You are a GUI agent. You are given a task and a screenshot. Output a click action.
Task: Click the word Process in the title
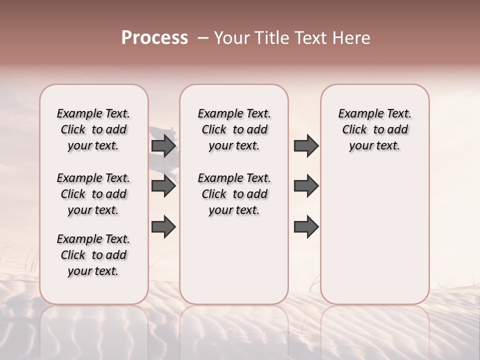pyautogui.click(x=154, y=38)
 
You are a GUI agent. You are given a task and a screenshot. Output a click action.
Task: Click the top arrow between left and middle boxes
pyautogui.click(x=163, y=145)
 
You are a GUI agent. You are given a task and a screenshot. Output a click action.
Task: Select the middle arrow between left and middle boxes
pyautogui.click(x=163, y=186)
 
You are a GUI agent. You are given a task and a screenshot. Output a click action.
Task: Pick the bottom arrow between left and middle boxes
pyautogui.click(x=163, y=226)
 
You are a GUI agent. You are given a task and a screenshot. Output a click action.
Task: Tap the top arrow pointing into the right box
pyautogui.click(x=306, y=145)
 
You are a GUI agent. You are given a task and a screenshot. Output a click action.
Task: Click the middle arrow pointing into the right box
pyautogui.click(x=306, y=186)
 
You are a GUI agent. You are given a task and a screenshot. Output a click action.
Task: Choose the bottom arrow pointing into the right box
pyautogui.click(x=306, y=226)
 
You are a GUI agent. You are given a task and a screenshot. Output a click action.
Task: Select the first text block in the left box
pyautogui.click(x=93, y=129)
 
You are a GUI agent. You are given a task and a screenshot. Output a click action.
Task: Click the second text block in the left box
pyautogui.click(x=93, y=194)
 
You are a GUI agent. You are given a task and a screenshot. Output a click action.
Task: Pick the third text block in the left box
pyautogui.click(x=93, y=255)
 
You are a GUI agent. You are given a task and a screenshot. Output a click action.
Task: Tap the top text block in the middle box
pyautogui.click(x=234, y=129)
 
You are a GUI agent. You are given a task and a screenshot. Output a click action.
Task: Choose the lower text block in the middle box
pyautogui.click(x=234, y=194)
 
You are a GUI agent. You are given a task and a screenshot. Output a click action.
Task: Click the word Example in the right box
pyautogui.click(x=357, y=114)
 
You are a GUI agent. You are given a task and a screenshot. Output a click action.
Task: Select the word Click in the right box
pyautogui.click(x=354, y=130)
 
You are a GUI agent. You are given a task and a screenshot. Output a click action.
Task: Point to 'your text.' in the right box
pyautogui.click(x=374, y=146)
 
